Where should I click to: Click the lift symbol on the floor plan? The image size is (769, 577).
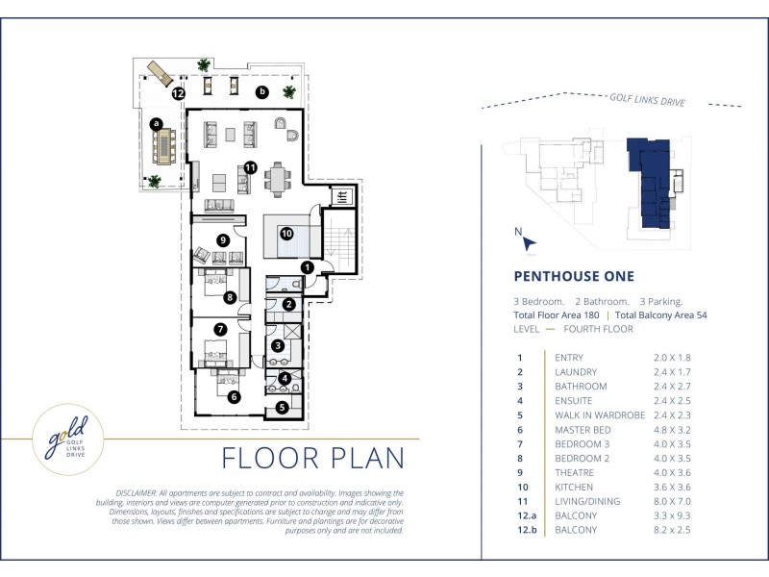pos(342,197)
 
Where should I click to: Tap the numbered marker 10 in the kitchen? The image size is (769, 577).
pos(286,234)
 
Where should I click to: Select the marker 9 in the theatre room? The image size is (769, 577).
pos(223,239)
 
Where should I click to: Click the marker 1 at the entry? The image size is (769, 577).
pos(307,267)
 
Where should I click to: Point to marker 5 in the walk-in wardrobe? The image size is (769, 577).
pos(282,407)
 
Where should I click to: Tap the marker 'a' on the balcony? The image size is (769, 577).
pos(157,123)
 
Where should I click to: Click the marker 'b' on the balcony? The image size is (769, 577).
pos(262,91)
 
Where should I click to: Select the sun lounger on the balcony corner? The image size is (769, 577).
pos(160,74)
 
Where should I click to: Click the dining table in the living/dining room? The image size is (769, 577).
pos(278,179)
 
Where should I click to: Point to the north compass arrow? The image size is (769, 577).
pos(529,243)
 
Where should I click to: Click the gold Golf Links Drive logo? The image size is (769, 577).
pos(67,439)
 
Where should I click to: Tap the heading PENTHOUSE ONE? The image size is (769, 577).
pos(574,276)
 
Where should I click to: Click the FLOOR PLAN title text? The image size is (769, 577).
pos(313,458)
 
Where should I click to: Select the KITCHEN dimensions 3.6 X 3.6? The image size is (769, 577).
pos(672,487)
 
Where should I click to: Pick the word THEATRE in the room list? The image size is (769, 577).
pos(574,472)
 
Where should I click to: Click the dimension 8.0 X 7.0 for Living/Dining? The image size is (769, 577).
pos(672,501)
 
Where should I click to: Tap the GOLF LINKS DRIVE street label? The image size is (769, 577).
pos(647,100)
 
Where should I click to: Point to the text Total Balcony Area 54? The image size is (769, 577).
pos(661,315)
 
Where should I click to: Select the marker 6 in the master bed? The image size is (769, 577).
pos(234,396)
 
